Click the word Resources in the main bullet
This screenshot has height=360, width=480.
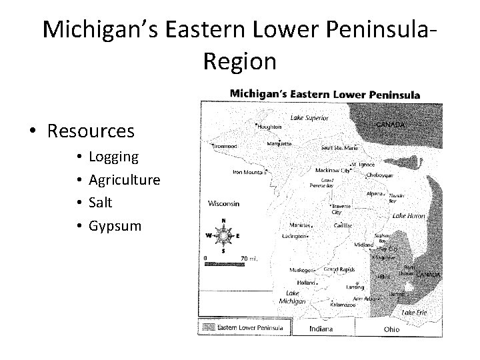pos(91,130)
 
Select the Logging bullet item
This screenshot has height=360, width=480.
pos(113,157)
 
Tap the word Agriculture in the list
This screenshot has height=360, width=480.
pos(124,179)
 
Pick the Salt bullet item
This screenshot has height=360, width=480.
pos(101,202)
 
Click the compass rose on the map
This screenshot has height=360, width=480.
pos(223,235)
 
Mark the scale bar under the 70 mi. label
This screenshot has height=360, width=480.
pos(227,265)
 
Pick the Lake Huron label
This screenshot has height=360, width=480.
pos(408,216)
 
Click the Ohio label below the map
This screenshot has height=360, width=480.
pos(391,329)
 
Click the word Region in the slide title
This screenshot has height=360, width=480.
pos(239,61)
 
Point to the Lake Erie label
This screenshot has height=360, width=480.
pos(413,312)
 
